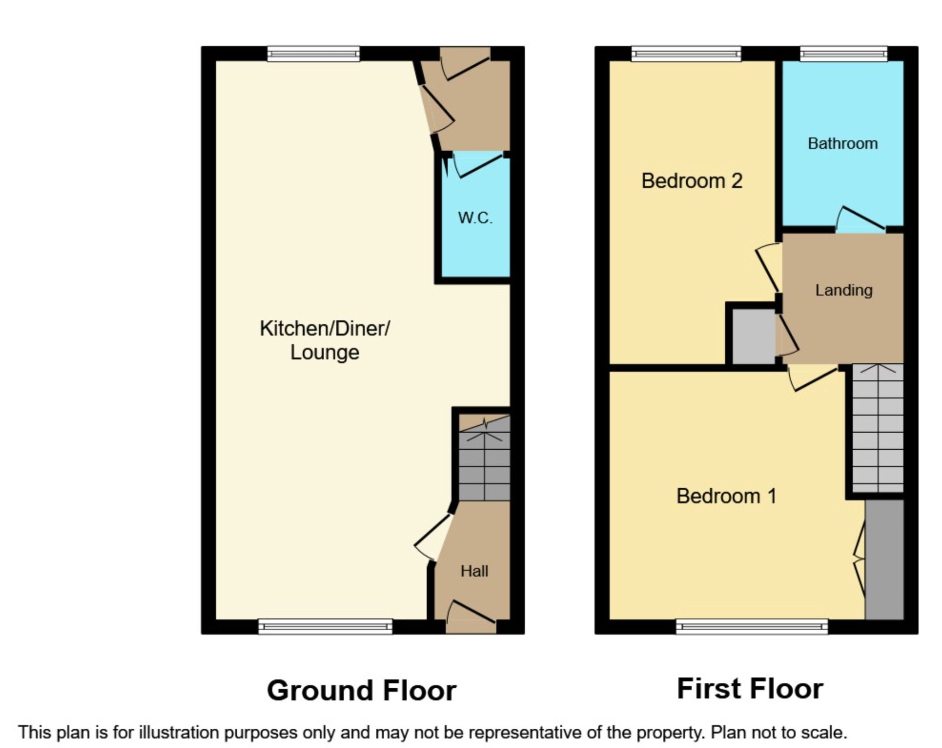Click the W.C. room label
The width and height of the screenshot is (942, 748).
[x=475, y=217]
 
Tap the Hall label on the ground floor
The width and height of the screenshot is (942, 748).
[x=474, y=571]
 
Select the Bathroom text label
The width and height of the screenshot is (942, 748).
[x=843, y=143]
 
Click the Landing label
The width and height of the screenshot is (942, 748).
[x=844, y=290]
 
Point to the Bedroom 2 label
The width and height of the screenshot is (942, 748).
[x=692, y=181]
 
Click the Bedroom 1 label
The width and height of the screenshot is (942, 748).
[x=726, y=496]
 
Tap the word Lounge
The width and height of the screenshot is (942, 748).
[x=325, y=353]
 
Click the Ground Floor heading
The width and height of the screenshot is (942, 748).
[x=362, y=691]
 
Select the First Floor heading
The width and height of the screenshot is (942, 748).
[x=750, y=689]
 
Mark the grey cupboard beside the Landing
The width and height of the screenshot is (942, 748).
[x=753, y=336]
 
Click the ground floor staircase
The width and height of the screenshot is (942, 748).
[x=484, y=464]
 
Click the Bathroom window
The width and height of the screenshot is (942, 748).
[x=844, y=54]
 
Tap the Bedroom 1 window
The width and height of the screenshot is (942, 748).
[x=752, y=626]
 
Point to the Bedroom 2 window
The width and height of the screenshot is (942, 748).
[x=686, y=54]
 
